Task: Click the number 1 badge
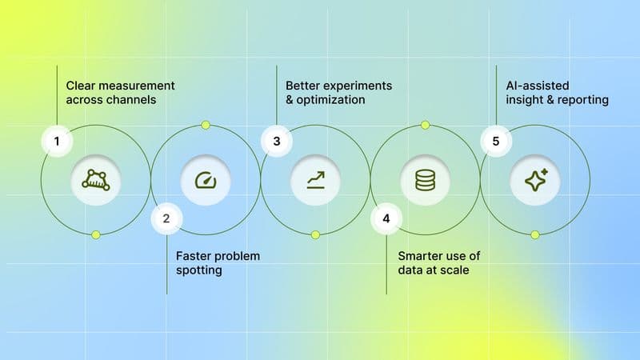57,142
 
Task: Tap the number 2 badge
166,218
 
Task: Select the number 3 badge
277,142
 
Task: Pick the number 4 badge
386,218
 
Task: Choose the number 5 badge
496,142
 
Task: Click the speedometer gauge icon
205,180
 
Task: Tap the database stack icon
425,180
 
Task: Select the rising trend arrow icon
315,180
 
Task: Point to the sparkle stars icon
535,180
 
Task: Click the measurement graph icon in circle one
95,180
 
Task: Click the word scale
453,271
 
